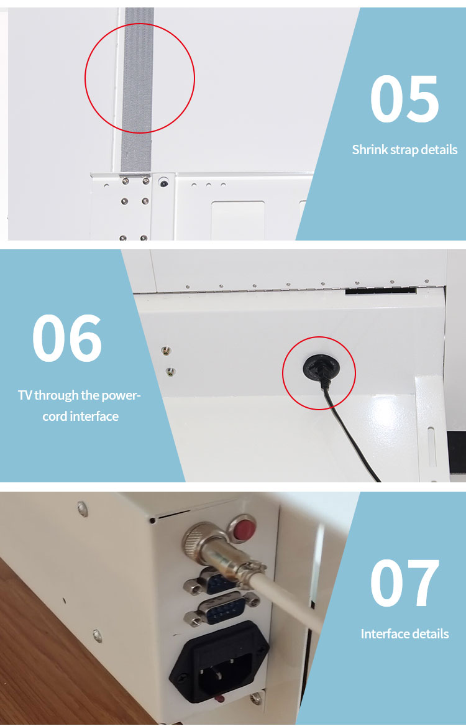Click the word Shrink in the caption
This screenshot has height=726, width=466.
[369, 150]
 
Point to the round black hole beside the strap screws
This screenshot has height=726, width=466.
[163, 183]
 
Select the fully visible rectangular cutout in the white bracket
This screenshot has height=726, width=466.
[237, 219]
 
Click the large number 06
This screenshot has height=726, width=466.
[67, 339]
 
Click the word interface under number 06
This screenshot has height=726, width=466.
[93, 416]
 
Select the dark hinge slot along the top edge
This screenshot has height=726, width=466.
[380, 290]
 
